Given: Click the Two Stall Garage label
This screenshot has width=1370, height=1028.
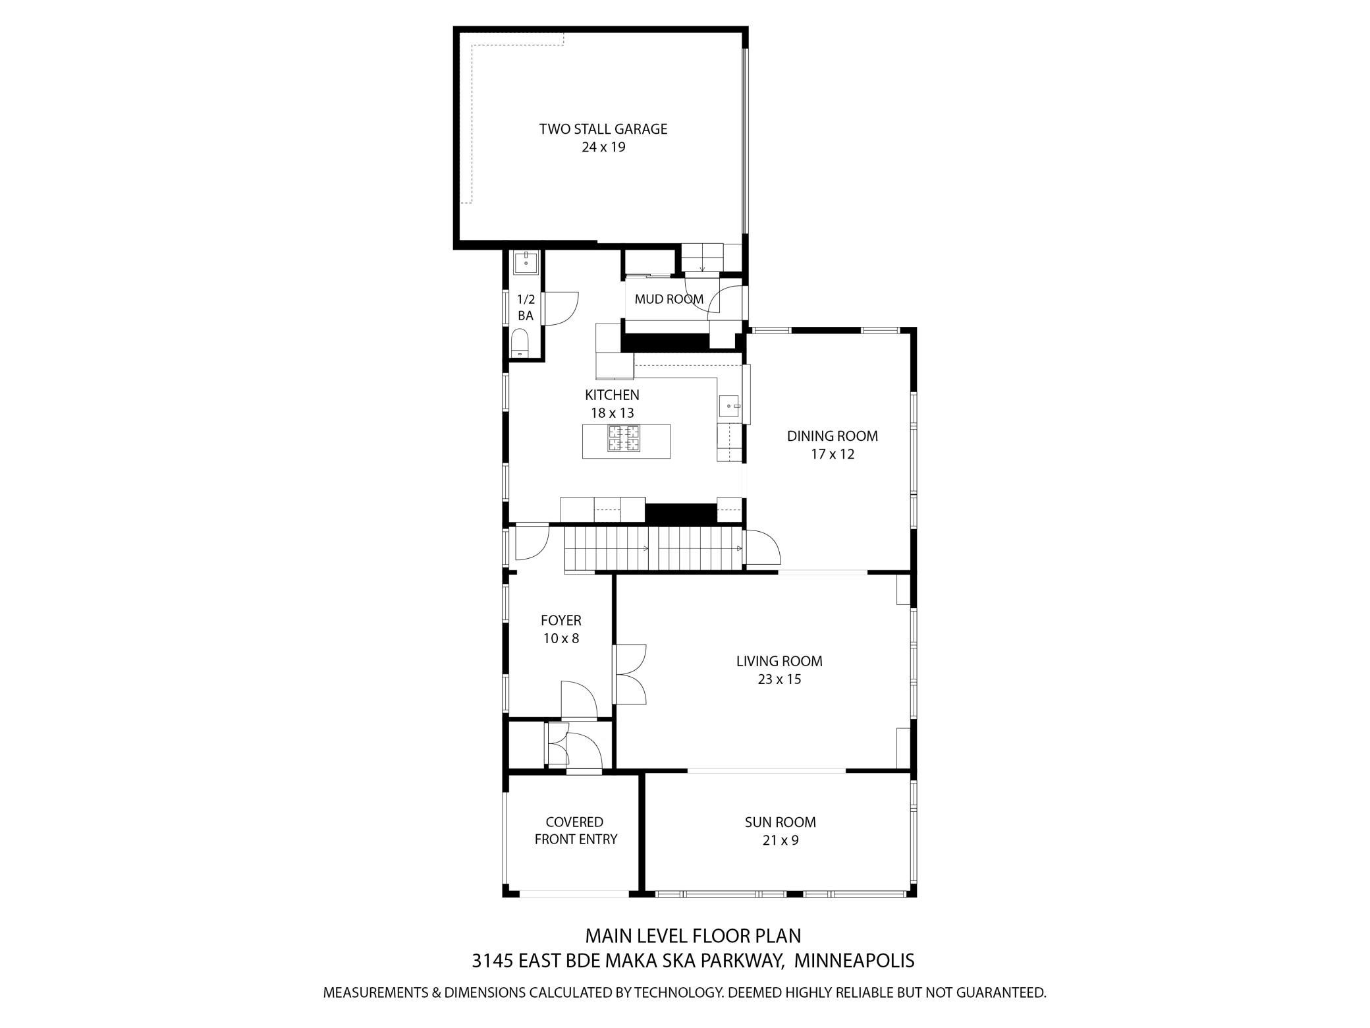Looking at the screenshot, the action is pyautogui.click(x=603, y=129).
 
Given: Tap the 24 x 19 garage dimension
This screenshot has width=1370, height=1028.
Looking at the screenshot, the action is pyautogui.click(x=603, y=147).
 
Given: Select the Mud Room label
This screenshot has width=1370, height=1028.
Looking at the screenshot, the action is pyautogui.click(x=669, y=299).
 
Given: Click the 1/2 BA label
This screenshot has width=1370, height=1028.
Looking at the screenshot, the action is pyautogui.click(x=526, y=307).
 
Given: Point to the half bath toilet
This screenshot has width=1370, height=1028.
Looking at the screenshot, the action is pyautogui.click(x=520, y=343).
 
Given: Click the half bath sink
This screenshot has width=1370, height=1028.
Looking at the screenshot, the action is pyautogui.click(x=526, y=262).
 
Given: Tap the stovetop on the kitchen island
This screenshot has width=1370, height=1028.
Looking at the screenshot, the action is pyautogui.click(x=624, y=438).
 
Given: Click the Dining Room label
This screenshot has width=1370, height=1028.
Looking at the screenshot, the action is pyautogui.click(x=833, y=436).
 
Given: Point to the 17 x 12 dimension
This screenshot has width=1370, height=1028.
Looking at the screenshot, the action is pyautogui.click(x=833, y=454).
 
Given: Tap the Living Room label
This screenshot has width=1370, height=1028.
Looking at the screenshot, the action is pyautogui.click(x=779, y=661).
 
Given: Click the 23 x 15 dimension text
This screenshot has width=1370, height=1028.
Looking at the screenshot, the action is pyautogui.click(x=779, y=679).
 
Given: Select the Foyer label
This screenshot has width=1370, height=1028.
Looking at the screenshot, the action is pyautogui.click(x=561, y=620).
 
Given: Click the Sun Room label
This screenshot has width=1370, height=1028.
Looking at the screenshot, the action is pyautogui.click(x=781, y=822).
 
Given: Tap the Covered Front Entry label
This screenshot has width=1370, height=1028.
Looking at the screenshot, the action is pyautogui.click(x=576, y=831).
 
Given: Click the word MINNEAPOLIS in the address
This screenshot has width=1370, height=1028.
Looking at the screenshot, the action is pyautogui.click(x=854, y=960).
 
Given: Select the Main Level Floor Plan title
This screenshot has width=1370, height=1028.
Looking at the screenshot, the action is pyautogui.click(x=693, y=936).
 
